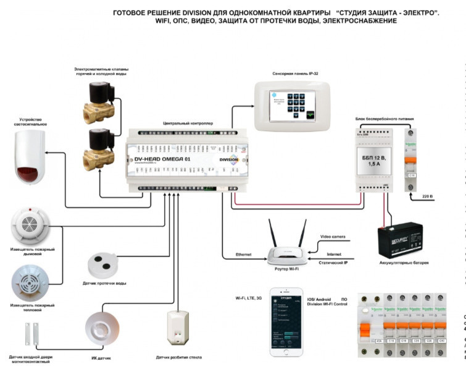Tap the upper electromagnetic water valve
point(101,102)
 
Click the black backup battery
point(402,238)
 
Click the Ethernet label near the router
point(244,254)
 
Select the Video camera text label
point(334,237)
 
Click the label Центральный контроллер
point(188,124)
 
